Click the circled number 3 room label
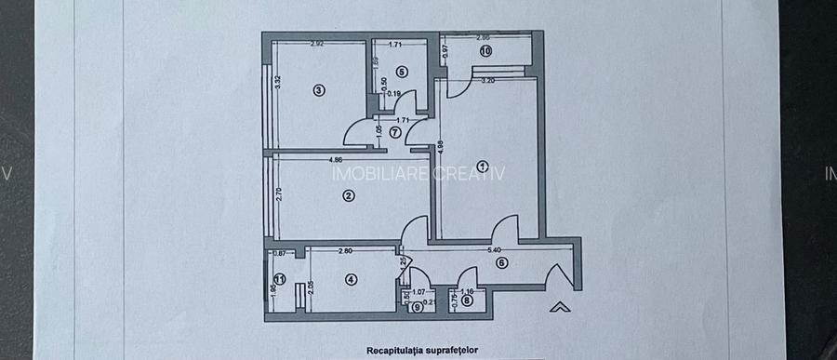318,90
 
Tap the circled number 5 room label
402,71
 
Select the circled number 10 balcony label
485,52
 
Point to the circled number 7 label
395,132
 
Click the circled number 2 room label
347,195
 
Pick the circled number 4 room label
350,278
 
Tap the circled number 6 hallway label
502,263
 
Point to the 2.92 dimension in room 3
317,43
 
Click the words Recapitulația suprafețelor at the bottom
418,351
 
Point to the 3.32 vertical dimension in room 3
277,81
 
